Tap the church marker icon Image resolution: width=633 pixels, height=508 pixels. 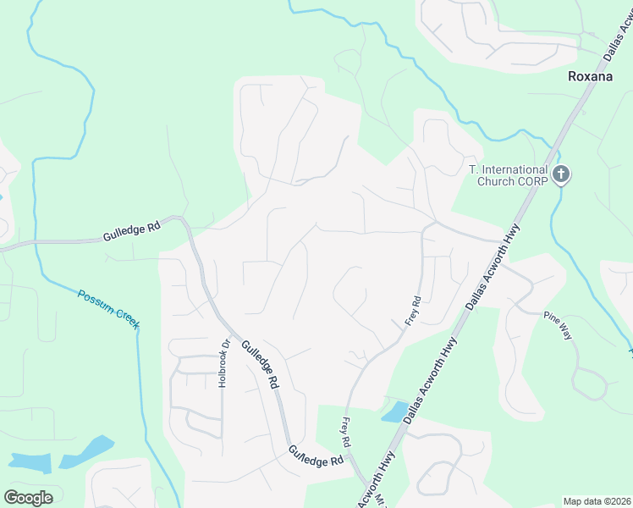(560, 175)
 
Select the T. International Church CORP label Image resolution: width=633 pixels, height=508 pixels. (508, 175)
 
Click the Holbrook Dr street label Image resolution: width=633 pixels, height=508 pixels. (224, 364)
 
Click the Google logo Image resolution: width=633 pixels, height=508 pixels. (28, 497)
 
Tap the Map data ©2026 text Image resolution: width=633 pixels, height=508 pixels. (597, 501)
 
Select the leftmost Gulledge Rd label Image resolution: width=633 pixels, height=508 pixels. (131, 231)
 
